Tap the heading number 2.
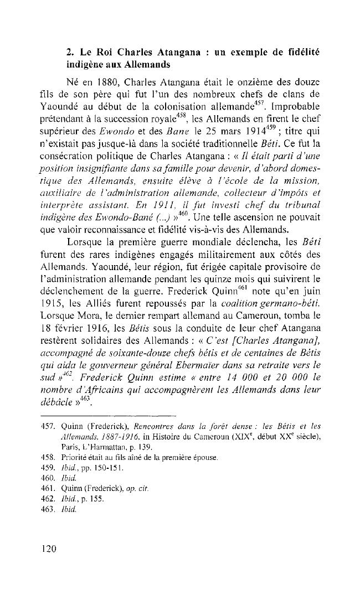[x=69, y=53]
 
